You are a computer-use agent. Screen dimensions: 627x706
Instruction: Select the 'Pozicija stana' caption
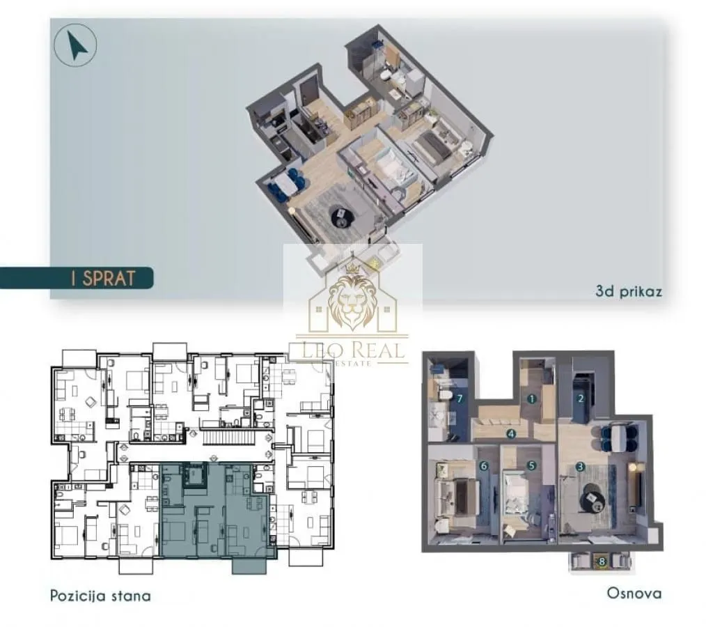point(100,596)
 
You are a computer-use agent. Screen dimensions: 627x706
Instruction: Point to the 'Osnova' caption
point(634,594)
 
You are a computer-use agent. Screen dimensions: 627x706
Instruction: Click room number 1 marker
point(532,399)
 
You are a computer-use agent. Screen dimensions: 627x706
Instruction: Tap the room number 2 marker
point(581,399)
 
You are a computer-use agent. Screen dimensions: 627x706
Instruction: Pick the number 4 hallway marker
point(511,433)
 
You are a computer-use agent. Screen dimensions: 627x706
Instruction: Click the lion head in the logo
point(353,302)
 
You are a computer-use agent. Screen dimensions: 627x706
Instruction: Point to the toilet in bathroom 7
point(443,394)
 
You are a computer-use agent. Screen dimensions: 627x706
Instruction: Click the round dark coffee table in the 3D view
point(343,216)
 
